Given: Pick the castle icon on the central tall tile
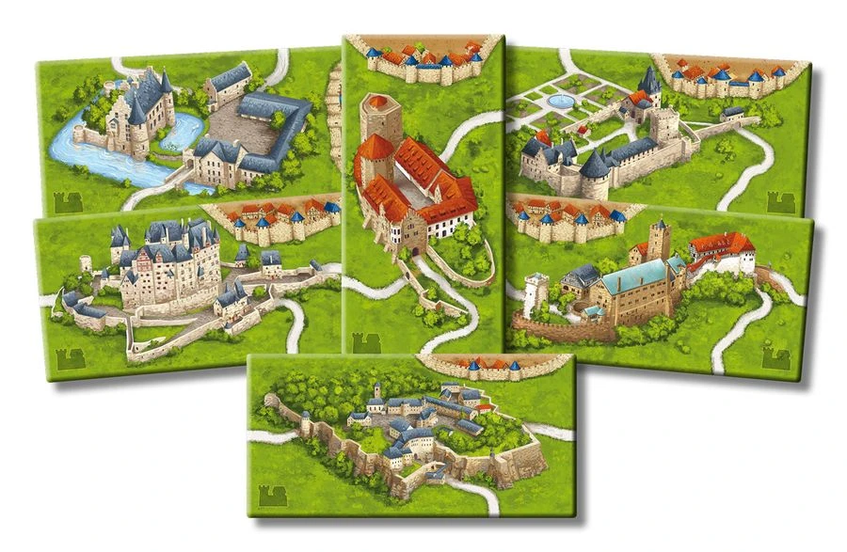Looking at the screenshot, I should coord(362,343).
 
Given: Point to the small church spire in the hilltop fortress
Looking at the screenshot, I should coord(376,389).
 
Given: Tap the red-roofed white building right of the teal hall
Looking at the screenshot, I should coord(722,252).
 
